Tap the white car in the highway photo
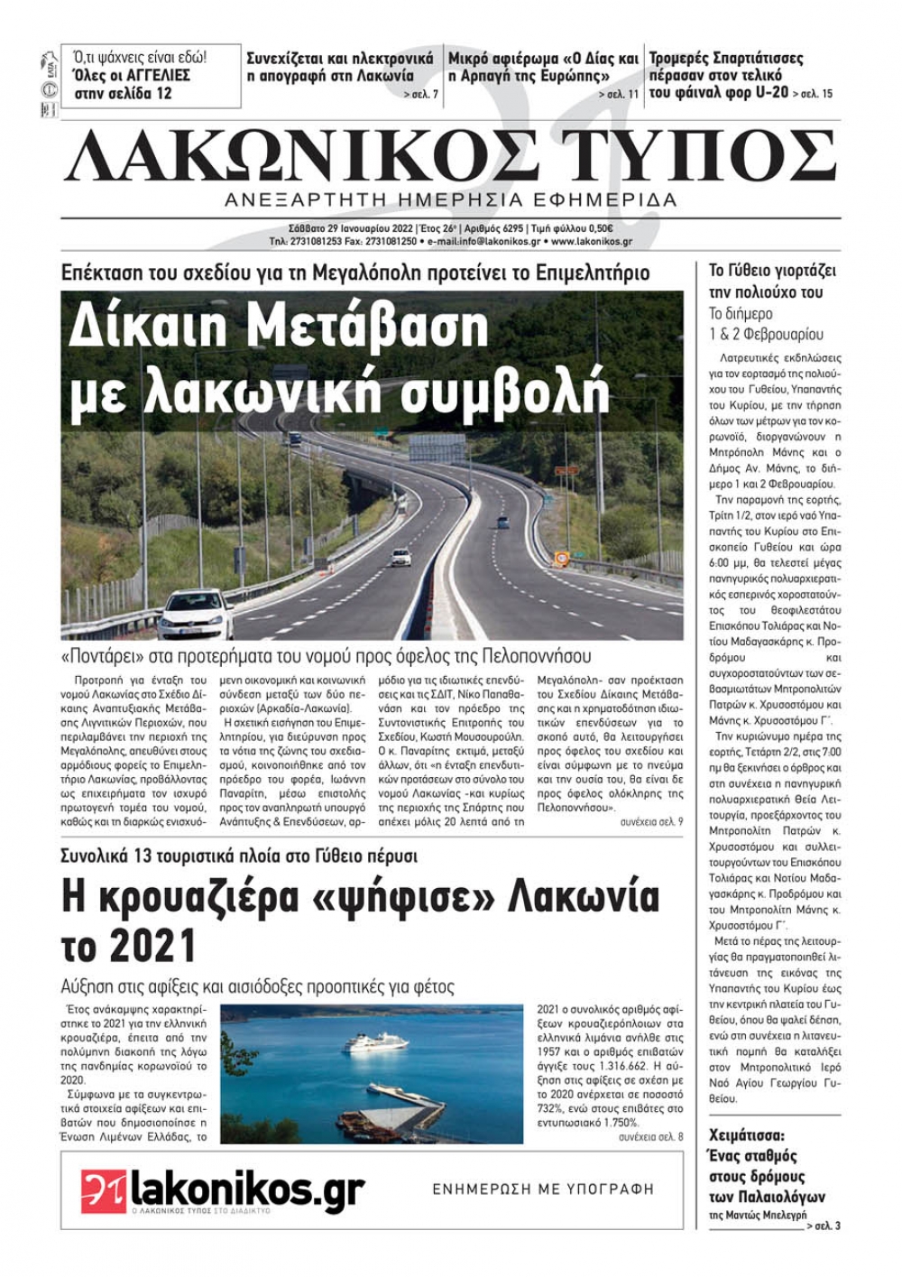195,613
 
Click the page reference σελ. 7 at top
421,94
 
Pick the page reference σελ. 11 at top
620,94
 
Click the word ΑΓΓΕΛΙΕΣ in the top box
158,75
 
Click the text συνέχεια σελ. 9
651,822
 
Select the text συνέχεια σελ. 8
651,1137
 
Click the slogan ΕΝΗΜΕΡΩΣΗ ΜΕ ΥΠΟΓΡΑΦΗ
543,1189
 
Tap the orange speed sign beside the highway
561,558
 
